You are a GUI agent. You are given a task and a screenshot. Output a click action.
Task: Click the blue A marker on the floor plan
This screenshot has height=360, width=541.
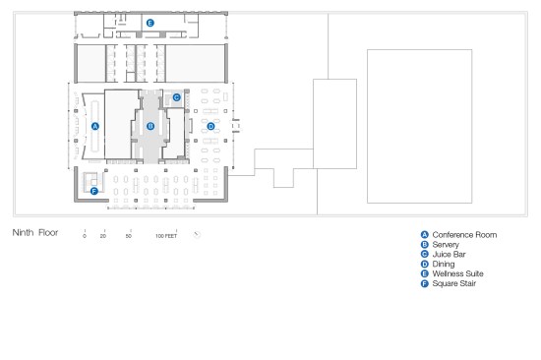(x=95, y=126)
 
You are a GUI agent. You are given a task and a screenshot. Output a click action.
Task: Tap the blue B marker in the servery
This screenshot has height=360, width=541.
(x=150, y=126)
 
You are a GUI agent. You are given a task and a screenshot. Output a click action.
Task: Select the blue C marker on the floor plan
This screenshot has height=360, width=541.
(x=177, y=97)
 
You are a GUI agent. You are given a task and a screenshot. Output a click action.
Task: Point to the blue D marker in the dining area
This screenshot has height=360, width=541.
(x=210, y=126)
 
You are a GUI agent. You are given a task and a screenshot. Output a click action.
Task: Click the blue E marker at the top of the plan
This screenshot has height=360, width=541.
(x=150, y=24)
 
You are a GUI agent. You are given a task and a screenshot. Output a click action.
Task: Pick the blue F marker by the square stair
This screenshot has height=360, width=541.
(x=94, y=191)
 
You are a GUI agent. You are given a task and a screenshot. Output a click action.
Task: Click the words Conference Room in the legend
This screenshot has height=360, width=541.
(x=464, y=235)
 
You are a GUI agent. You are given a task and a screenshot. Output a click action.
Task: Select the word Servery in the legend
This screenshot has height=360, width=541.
(x=446, y=245)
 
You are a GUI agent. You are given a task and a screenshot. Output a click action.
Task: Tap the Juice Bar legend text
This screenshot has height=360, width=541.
(x=449, y=255)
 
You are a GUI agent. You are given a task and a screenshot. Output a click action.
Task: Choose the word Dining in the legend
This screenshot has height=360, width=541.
(x=444, y=264)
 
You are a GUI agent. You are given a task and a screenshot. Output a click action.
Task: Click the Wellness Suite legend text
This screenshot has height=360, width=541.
(x=457, y=273)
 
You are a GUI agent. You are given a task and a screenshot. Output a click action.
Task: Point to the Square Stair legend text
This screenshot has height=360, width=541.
(x=454, y=283)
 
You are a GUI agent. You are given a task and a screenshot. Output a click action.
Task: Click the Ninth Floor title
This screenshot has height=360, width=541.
(x=35, y=233)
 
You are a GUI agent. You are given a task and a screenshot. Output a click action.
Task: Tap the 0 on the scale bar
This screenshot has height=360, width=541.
(x=85, y=236)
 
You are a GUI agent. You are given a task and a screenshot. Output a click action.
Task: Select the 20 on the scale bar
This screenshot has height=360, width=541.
(x=103, y=236)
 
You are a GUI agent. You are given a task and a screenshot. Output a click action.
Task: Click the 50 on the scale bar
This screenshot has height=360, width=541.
(x=128, y=236)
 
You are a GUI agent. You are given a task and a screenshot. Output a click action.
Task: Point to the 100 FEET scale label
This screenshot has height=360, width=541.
(x=166, y=236)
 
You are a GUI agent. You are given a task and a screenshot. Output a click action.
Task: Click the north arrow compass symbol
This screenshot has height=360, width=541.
(x=197, y=235)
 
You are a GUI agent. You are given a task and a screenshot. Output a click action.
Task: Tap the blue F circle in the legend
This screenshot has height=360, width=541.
(x=425, y=283)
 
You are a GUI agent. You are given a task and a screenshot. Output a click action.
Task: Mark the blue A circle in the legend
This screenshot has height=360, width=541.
(x=425, y=235)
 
